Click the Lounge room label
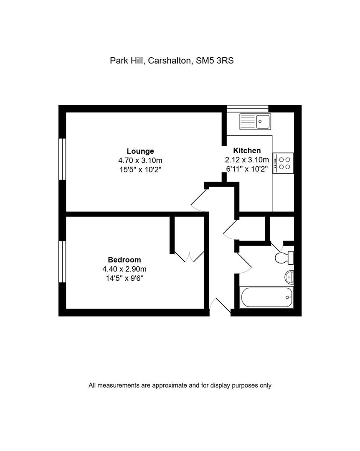pos(140,151)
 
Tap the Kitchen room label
pos(247,150)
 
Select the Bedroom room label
pos(124,260)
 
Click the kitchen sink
pos(255,122)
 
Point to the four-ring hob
pos(283,163)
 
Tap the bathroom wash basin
pos(289,277)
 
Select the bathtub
pos(267,297)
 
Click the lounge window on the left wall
pos(62,159)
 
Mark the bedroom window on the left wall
pos(62,262)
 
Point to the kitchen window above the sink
pos(248,109)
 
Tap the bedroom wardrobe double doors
pos(189,257)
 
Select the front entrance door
pos(220,305)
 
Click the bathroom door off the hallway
pos(243,263)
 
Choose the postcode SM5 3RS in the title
pos(215,61)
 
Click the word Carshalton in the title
pos(170,61)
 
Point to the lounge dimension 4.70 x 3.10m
pos(140,160)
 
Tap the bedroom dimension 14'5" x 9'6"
pos(124,278)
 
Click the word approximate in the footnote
pos(170,385)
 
